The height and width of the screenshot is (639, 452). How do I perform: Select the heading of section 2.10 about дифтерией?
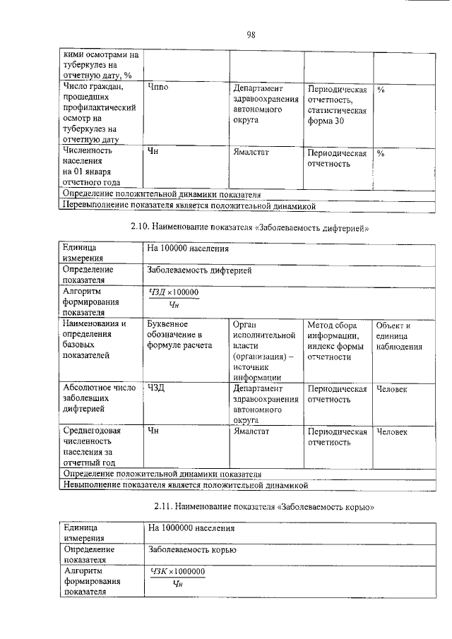point(251,228)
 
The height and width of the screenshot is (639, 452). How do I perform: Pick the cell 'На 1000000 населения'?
point(190,528)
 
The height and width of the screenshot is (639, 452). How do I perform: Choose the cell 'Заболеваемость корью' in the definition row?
point(191,550)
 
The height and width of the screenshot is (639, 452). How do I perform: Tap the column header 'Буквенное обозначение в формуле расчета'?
point(179,335)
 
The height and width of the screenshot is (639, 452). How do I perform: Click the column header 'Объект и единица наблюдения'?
point(400,335)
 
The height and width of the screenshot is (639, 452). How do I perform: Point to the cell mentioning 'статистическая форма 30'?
point(337,105)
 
